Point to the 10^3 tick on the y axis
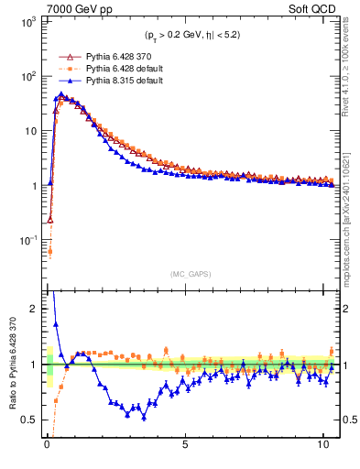(x=29, y=21)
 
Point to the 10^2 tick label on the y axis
(x=29, y=76)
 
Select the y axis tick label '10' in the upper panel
(x=31, y=131)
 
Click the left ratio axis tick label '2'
(x=35, y=309)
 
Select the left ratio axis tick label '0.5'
(x=31, y=420)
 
